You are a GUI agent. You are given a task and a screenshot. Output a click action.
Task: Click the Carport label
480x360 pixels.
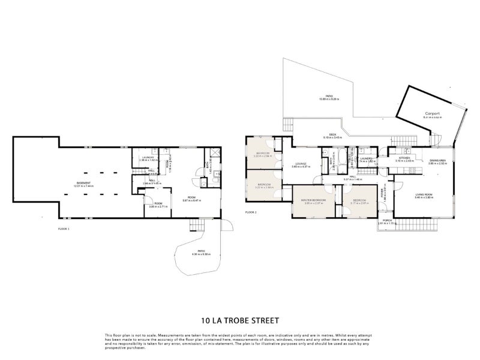tap(432, 113)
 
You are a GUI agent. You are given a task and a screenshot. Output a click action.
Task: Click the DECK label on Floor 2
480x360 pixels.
tap(332, 134)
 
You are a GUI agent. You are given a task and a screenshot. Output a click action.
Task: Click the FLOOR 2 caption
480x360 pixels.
tap(251, 212)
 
